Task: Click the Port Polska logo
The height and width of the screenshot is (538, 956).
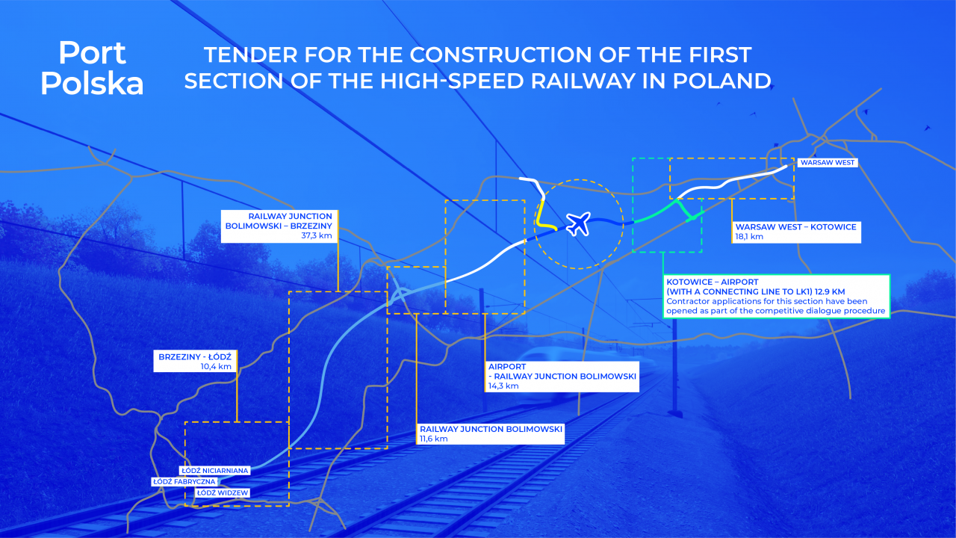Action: point(92,68)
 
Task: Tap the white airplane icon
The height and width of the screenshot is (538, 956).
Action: point(579,223)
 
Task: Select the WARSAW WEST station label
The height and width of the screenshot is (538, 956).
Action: point(828,163)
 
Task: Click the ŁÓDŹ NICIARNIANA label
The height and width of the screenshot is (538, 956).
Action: point(214,471)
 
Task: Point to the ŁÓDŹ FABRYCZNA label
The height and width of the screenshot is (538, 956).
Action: point(184,482)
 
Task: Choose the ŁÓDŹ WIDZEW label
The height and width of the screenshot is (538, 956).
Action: point(223,492)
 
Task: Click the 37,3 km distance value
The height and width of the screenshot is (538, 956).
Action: point(317,235)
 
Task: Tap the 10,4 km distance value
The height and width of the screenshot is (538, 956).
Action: point(216,366)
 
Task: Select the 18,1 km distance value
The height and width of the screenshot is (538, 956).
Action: point(749,237)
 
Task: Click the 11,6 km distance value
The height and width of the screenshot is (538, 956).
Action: point(434,439)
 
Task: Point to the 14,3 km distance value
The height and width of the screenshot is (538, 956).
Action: point(503,386)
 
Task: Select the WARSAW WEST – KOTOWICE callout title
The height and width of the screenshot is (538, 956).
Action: point(795,226)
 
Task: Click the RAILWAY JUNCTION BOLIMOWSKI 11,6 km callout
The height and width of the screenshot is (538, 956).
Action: point(491,434)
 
